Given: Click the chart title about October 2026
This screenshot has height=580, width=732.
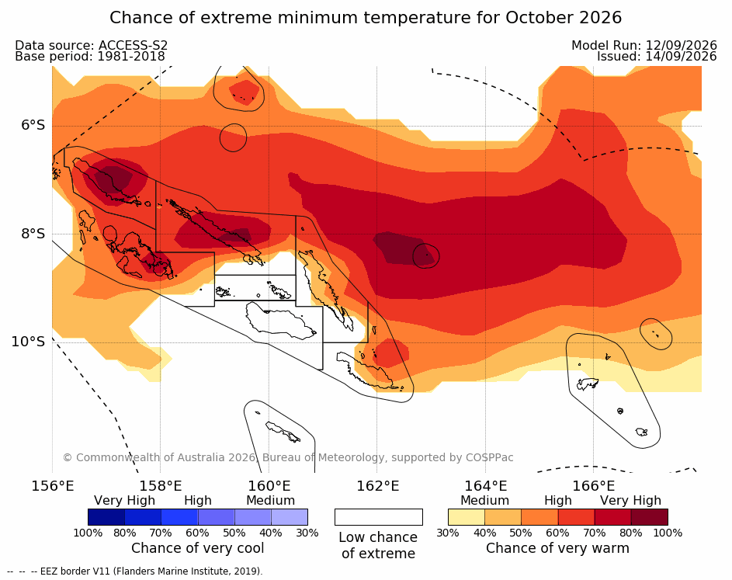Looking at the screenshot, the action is tap(366, 18).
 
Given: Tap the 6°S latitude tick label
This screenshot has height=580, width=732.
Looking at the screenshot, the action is tap(33, 125).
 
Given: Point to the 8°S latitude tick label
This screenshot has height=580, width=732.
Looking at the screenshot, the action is tap(33, 234).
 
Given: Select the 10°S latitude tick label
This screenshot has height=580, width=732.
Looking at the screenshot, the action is tap(29, 342).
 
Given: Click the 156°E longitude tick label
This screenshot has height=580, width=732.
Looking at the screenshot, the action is tap(52, 486).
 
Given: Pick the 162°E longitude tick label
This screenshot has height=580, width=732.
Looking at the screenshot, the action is tap(378, 486).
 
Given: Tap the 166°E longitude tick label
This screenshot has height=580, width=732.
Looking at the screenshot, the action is tap(593, 486).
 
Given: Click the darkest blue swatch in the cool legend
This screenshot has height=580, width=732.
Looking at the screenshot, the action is tap(106, 517).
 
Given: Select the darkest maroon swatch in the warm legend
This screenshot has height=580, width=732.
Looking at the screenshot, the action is tap(650, 517).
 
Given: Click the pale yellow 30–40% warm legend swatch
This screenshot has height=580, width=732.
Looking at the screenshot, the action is tap(467, 517).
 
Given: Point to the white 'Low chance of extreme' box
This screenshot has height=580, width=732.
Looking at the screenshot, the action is tap(379, 517).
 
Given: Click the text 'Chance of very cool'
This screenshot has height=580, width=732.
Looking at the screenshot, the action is tap(197, 548).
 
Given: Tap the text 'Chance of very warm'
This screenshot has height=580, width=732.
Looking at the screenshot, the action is tap(557, 548).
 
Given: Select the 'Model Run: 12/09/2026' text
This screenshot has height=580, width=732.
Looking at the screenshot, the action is tap(644, 45).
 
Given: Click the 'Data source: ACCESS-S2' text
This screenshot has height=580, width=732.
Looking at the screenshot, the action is tap(91, 45).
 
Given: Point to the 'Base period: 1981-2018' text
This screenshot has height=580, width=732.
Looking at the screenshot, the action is tap(90, 57).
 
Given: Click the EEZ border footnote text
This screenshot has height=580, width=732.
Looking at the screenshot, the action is tap(135, 571).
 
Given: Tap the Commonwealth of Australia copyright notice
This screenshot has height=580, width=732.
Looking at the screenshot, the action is tap(288, 457).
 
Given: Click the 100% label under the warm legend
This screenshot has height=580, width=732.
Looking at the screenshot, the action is tap(668, 533).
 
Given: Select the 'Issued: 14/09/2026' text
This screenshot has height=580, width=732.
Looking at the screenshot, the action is tap(657, 57).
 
